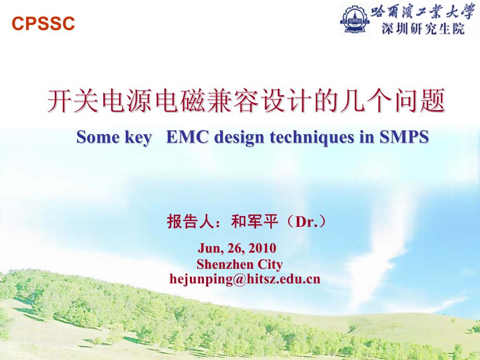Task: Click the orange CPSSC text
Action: pyautogui.click(x=43, y=23)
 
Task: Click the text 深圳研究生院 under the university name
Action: pyautogui.click(x=423, y=29)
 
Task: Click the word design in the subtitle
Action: pyautogui.click(x=239, y=137)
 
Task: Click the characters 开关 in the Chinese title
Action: pyautogui.click(x=73, y=100)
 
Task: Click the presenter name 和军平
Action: pyautogui.click(x=255, y=221)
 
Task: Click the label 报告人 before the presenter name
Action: pyautogui.click(x=190, y=221)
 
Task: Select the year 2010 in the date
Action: pyautogui.click(x=262, y=248)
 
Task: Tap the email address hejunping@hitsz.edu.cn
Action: pyautogui.click(x=245, y=279)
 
